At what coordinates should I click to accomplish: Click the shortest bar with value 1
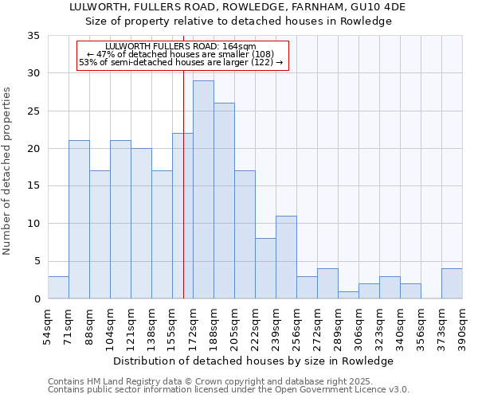pyautogui.click(x=348, y=295)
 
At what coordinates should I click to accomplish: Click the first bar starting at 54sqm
pyautogui.click(x=58, y=287)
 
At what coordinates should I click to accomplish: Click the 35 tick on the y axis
pyautogui.click(x=35, y=36)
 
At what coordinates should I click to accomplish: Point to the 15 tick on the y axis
pyautogui.click(x=35, y=186)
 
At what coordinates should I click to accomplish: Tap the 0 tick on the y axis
pyautogui.click(x=37, y=299)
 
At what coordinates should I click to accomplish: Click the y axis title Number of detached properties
pyautogui.click(x=7, y=167)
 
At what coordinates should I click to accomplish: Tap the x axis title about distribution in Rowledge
pyautogui.click(x=253, y=361)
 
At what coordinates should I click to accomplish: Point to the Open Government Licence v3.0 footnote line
pyautogui.click(x=229, y=389)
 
